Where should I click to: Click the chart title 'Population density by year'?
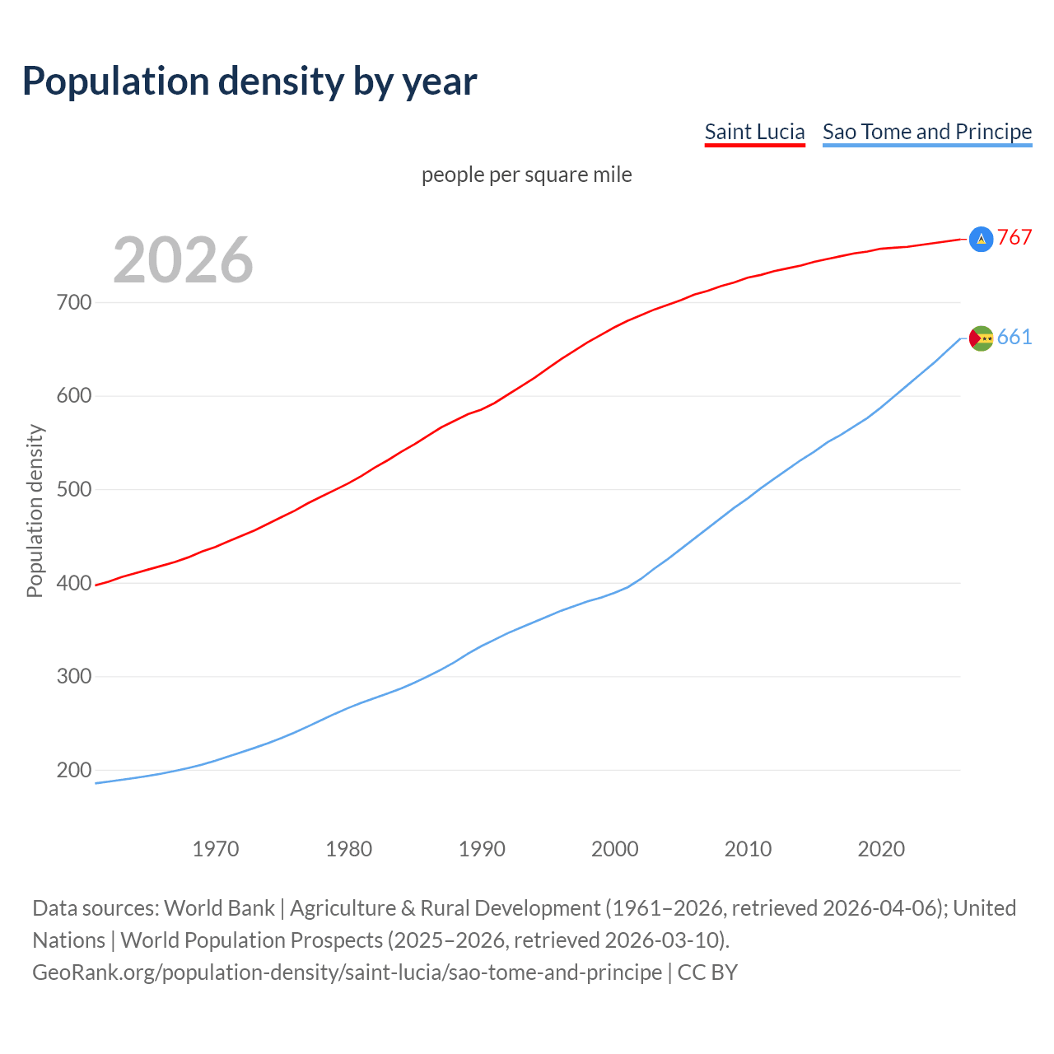tap(250, 82)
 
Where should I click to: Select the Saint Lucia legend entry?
tap(754, 133)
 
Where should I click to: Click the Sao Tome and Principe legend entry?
tap(927, 133)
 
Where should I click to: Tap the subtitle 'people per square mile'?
tap(527, 175)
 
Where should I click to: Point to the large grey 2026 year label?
tap(183, 260)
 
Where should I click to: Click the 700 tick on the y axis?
tap(74, 303)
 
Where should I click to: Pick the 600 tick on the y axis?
tap(74, 396)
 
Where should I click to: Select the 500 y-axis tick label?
tap(74, 490)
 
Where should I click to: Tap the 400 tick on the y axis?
tap(74, 583)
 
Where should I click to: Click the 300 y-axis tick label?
tap(74, 677)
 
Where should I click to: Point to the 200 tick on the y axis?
tap(74, 771)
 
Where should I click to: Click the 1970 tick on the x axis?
tap(216, 849)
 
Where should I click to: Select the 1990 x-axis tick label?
tap(482, 849)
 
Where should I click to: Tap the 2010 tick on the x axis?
tap(748, 849)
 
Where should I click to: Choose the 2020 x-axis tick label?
tap(881, 849)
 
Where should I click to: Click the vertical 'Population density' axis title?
tap(35, 511)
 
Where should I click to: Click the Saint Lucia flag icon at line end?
tap(981, 239)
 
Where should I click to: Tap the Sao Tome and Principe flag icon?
tap(981, 338)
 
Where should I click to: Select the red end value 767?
tap(1014, 238)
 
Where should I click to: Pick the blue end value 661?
tap(1014, 338)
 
